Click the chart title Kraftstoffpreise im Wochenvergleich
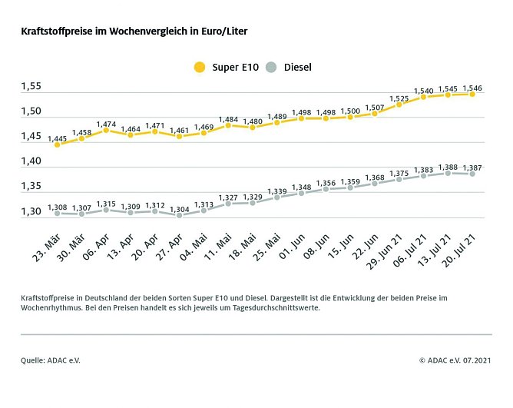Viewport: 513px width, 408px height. (134, 32)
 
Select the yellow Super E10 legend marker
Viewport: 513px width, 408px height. (200, 68)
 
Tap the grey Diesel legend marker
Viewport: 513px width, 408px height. (270, 68)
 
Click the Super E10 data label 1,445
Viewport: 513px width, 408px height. (57, 138)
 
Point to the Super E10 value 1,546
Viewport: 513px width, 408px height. (472, 87)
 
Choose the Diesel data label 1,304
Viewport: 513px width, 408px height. (179, 209)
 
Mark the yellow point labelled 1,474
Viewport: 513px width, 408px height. (106, 131)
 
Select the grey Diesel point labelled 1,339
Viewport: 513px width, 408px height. (276, 197)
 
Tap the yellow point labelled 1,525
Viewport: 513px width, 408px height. (399, 104)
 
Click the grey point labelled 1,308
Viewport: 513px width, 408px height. (57, 213)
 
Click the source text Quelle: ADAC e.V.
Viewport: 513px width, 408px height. (51, 359)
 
